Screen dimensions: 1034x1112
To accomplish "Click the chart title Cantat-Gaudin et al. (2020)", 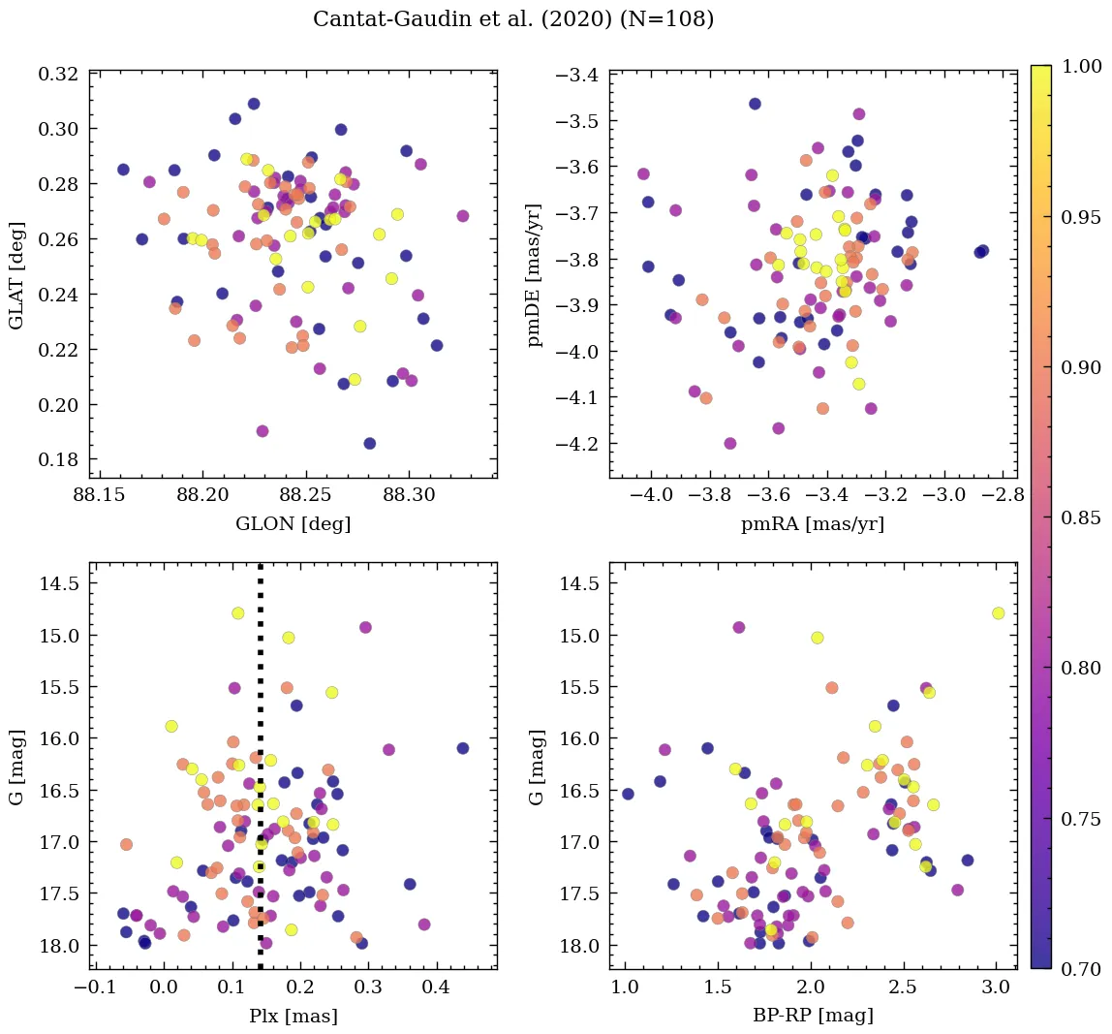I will pyautogui.click(x=513, y=19).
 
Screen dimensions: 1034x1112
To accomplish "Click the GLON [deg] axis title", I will pyautogui.click(x=293, y=524).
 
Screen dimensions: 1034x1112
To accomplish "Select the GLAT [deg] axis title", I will pyautogui.click(x=17, y=273).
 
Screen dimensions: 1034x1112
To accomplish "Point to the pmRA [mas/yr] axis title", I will pyautogui.click(x=813, y=524).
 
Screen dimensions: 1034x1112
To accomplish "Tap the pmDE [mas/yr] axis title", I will pyautogui.click(x=536, y=274).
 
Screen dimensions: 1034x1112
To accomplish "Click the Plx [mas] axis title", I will pyautogui.click(x=293, y=1016).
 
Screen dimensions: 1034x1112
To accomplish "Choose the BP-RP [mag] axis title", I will pyautogui.click(x=813, y=1016).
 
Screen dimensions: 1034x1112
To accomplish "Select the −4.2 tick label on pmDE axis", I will pyautogui.click(x=571, y=444).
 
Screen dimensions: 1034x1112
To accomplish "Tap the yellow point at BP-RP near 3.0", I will pyautogui.click(x=998, y=613).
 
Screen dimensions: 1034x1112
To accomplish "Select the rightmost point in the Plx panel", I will pyautogui.click(x=462, y=748).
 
